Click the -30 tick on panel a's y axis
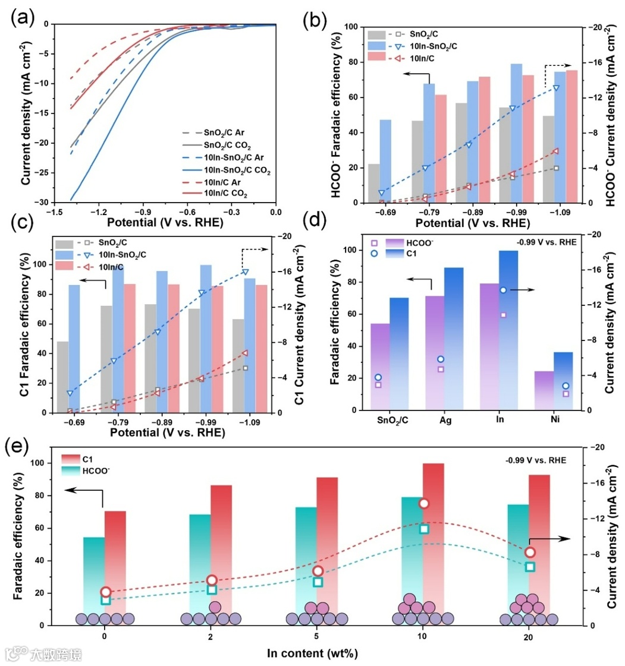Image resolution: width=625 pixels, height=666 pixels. tap(41, 203)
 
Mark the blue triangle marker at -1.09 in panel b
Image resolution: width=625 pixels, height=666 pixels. tap(556, 88)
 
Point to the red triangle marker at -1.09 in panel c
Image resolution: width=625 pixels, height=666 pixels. tap(245, 353)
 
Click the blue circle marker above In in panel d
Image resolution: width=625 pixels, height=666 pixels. tap(502, 290)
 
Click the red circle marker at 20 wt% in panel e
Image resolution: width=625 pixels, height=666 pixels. tap(530, 553)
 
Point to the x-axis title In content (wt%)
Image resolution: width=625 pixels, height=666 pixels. tap(312, 654)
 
